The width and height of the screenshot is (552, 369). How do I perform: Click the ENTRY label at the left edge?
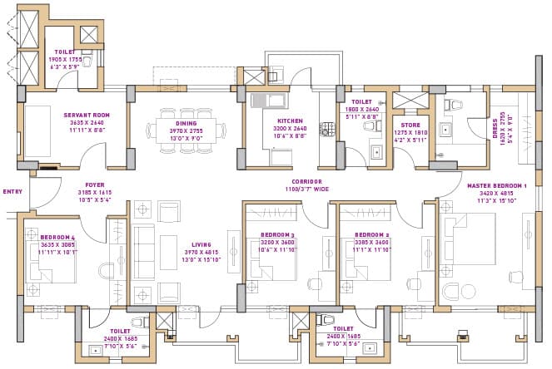click(x=12, y=190)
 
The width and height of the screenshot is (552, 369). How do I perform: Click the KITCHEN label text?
click(x=290, y=121)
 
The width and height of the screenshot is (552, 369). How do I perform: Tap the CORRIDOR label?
click(x=306, y=181)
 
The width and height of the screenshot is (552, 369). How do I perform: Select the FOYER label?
click(x=95, y=184)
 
